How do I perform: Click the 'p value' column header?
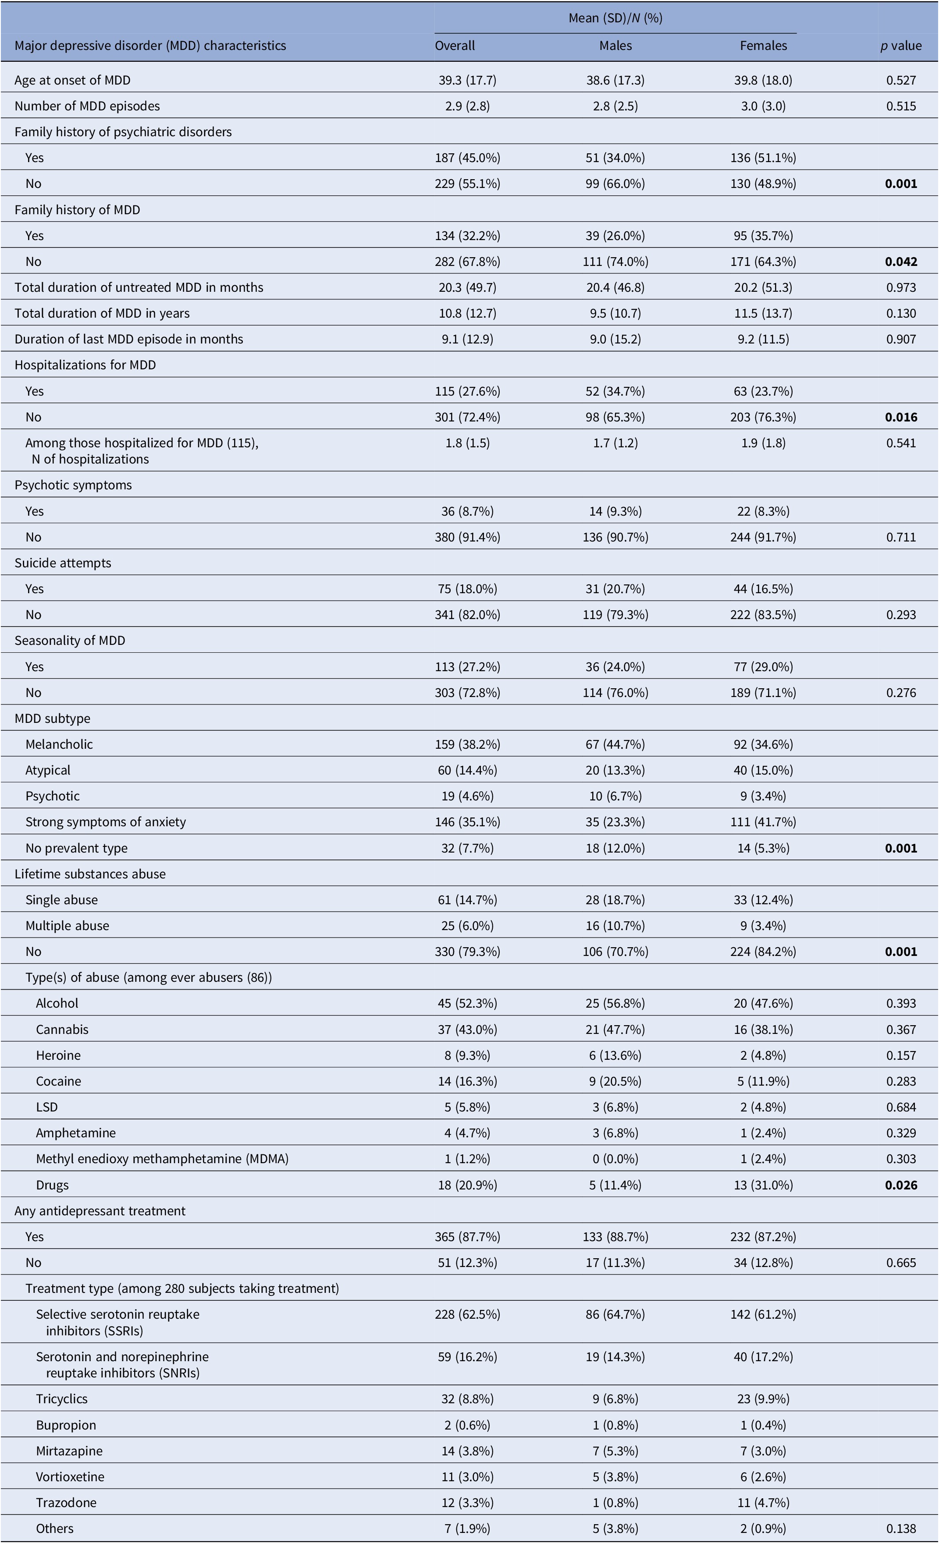901,46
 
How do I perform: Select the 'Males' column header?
615,46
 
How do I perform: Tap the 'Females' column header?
763,46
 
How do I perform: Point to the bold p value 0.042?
901,262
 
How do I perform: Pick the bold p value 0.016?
901,417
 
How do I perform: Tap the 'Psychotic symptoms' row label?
73,485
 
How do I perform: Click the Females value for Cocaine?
763,1082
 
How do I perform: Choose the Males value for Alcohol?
615,1003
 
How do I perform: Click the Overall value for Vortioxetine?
467,1476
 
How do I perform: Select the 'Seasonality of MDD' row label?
70,641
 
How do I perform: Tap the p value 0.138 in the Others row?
901,1529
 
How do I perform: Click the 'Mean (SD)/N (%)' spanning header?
615,18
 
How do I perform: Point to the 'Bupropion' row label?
66,1425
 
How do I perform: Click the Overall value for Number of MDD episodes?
467,106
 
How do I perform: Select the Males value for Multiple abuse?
615,926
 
